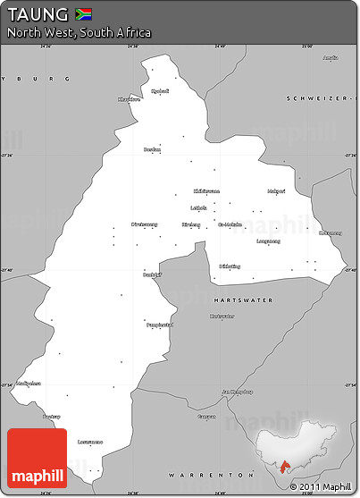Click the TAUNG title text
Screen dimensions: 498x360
click(x=38, y=14)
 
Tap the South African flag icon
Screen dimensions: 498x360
click(x=84, y=13)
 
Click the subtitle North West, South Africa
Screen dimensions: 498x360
click(x=79, y=33)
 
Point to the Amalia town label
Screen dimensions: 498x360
click(x=331, y=58)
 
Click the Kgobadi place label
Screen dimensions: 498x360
click(x=159, y=91)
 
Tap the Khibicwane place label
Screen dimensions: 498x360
click(x=206, y=190)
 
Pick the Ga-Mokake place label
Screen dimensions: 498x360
click(x=230, y=224)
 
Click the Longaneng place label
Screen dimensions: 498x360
click(x=268, y=241)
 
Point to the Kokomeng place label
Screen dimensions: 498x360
click(x=331, y=232)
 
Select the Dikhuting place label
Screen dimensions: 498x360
click(x=230, y=266)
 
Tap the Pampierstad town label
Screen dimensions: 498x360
click(x=159, y=325)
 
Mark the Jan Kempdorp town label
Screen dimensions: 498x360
click(x=237, y=391)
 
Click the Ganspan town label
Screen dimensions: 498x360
click(x=207, y=417)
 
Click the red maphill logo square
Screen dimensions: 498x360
click(x=38, y=458)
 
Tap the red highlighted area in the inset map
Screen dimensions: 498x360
click(x=285, y=467)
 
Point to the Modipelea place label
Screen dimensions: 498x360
click(x=29, y=383)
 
